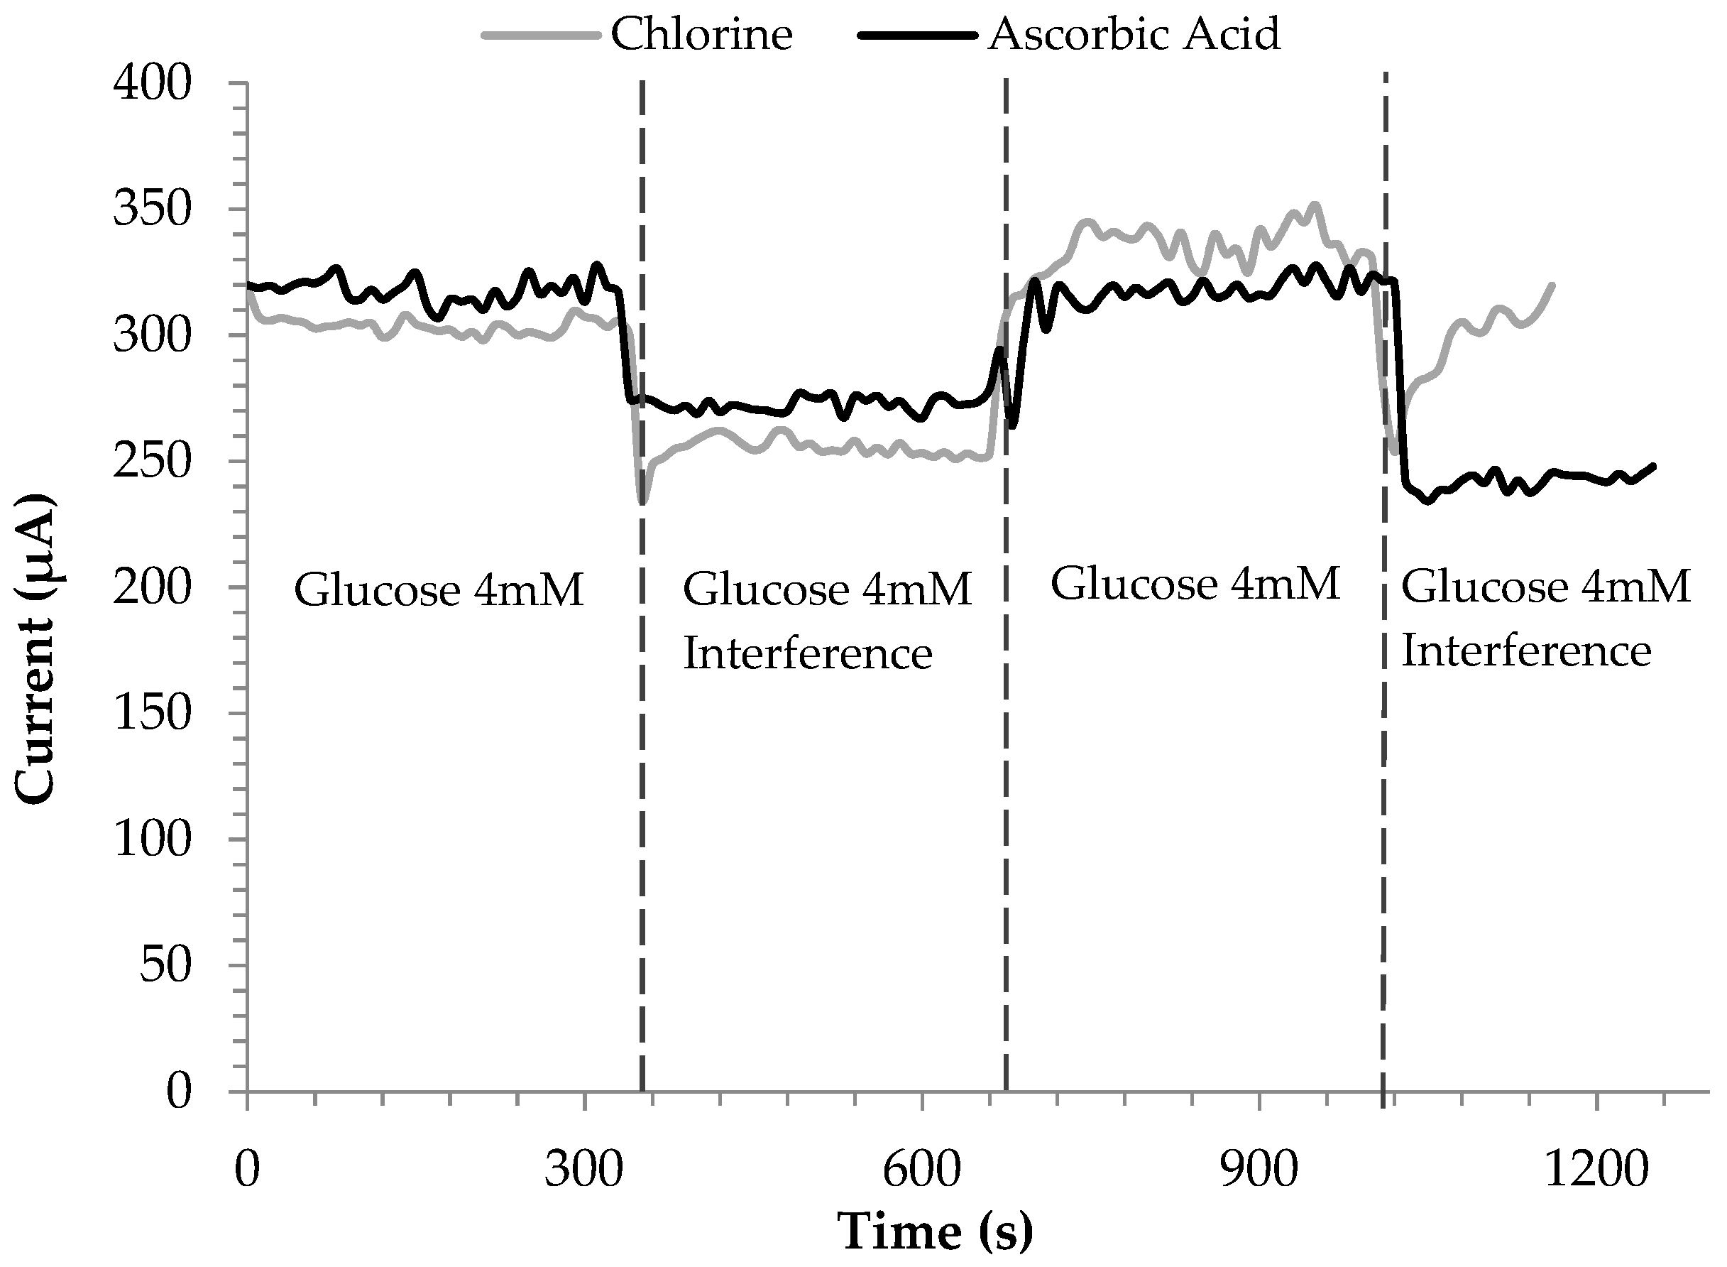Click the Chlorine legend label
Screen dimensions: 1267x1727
pyautogui.click(x=701, y=35)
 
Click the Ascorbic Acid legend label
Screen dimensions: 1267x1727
pyautogui.click(x=1134, y=35)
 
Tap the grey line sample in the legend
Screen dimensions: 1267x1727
pyautogui.click(x=540, y=36)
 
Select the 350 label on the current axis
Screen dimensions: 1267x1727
pyautogui.click(x=151, y=209)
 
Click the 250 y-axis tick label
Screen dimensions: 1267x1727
pyautogui.click(x=151, y=461)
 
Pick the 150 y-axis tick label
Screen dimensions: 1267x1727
pyautogui.click(x=151, y=713)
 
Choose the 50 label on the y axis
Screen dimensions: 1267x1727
pyautogui.click(x=164, y=965)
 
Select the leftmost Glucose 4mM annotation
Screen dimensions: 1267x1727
pyautogui.click(x=439, y=591)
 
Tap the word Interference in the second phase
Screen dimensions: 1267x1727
pyautogui.click(x=807, y=653)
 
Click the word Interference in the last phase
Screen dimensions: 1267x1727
pyautogui.click(x=1525, y=651)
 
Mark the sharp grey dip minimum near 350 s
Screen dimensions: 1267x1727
pyautogui.click(x=642, y=503)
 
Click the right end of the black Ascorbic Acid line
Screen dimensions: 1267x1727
pyautogui.click(x=1653, y=466)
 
